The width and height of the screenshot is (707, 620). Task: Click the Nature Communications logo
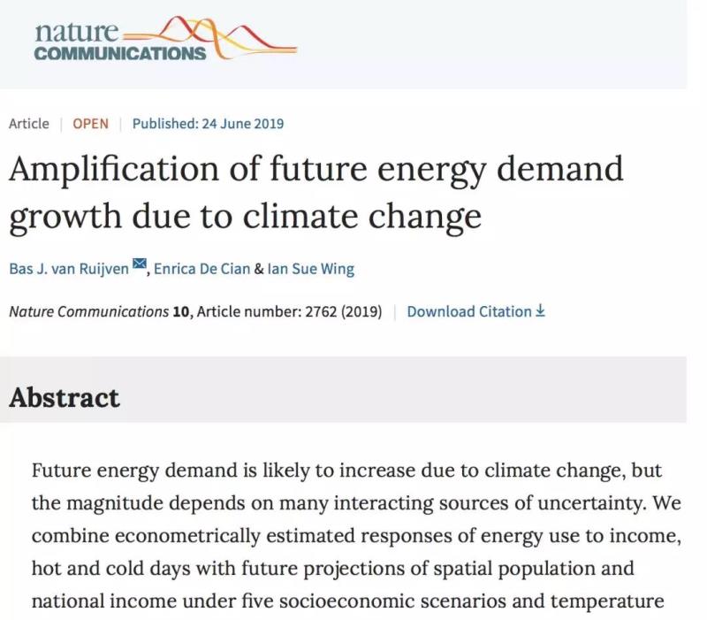tap(164, 40)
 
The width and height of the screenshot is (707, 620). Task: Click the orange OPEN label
tap(90, 123)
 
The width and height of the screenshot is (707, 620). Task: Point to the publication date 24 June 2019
tap(239, 123)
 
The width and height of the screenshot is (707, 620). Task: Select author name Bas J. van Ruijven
tap(69, 269)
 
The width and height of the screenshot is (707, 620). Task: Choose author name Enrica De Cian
tap(201, 269)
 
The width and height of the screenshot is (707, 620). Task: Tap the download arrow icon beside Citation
tap(541, 311)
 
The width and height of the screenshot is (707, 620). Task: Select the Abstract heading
tap(65, 397)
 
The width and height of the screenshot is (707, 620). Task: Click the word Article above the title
tap(29, 123)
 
